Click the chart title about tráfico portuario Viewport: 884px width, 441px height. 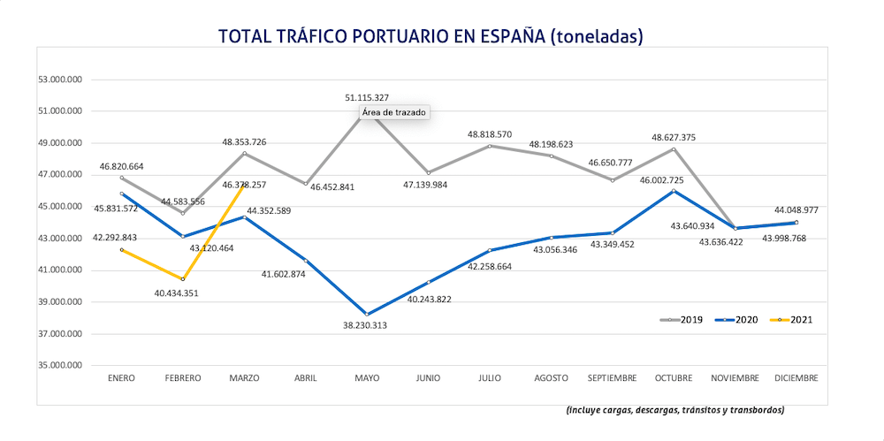pos(430,36)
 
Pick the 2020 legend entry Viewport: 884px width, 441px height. pos(737,319)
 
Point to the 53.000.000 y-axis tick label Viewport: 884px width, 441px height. pos(61,80)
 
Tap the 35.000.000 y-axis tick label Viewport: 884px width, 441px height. pos(61,365)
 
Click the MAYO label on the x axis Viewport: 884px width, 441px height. pos(367,377)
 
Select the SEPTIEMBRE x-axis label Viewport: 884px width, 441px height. pos(612,377)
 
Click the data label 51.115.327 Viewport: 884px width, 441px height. pos(367,97)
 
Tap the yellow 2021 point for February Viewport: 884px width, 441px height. pos(183,279)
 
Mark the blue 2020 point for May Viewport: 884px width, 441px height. pos(367,314)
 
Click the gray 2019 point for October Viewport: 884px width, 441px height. pos(674,148)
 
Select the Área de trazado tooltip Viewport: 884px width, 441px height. pos(394,113)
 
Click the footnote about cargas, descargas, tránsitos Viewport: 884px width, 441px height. pos(675,410)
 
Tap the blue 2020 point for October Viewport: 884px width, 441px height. pos(674,191)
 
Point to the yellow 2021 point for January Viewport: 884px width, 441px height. pos(122,249)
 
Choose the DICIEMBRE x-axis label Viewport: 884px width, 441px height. pos(796,377)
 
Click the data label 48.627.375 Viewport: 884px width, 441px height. pos(674,137)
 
